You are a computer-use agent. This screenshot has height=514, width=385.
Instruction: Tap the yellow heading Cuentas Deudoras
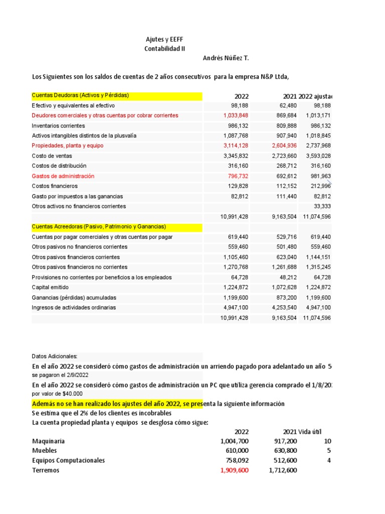coord(80,95)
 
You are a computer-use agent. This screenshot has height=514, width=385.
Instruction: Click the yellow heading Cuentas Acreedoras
coord(99,227)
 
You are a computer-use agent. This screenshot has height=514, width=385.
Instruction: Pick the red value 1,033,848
coord(236,115)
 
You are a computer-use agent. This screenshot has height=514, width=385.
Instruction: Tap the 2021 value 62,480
coord(286,105)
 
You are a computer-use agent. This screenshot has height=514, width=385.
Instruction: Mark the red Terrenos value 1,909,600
coord(234,470)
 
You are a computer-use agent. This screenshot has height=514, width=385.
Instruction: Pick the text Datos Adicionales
coord(55,356)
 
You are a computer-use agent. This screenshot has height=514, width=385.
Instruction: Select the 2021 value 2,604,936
coord(284,146)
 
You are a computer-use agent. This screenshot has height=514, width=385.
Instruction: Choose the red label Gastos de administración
coord(63,176)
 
